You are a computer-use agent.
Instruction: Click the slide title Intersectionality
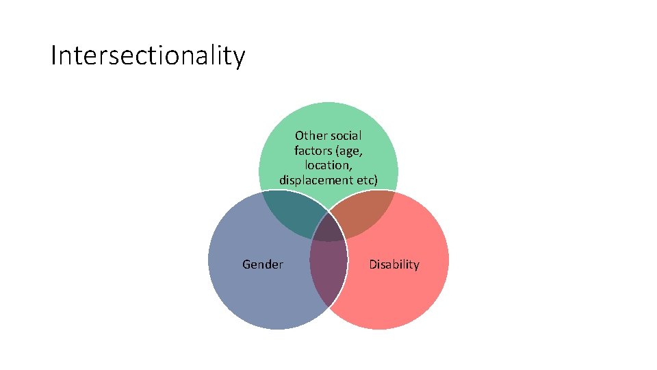[x=147, y=56]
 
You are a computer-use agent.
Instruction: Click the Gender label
[x=263, y=264]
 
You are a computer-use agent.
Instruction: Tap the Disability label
[x=394, y=264]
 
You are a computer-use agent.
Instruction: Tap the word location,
[x=328, y=165]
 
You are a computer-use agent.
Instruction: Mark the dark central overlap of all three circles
[x=328, y=230]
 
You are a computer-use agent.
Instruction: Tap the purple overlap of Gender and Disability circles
[x=328, y=271]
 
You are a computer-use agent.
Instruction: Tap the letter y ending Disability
[x=416, y=267]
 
